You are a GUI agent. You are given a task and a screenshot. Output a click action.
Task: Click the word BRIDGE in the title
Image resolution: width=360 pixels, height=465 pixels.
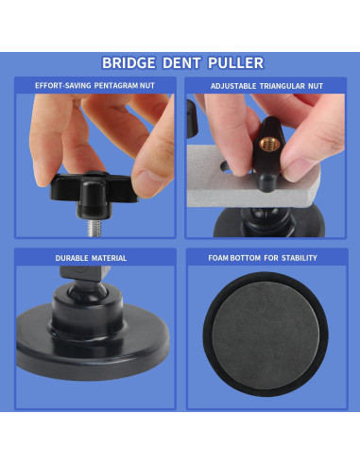[129, 63]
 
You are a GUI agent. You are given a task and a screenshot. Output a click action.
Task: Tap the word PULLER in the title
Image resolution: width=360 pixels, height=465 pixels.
[236, 63]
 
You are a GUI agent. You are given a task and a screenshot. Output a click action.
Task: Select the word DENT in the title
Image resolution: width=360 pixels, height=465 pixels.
[181, 63]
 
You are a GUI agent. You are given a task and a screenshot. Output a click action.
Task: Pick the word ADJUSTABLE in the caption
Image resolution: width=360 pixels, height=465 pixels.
[233, 86]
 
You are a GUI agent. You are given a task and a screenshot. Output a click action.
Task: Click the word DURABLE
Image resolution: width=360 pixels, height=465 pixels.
[72, 258]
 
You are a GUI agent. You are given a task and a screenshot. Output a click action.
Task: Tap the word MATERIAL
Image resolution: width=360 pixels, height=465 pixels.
[110, 258]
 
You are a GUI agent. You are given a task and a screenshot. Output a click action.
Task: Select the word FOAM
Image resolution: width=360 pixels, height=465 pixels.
[218, 258]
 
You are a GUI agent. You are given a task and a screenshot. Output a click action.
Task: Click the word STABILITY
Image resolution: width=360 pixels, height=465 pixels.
[300, 258]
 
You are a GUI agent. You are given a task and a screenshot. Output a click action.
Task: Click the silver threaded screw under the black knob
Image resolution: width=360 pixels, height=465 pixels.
[94, 228]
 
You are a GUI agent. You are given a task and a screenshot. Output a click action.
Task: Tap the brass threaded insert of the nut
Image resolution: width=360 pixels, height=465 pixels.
[269, 144]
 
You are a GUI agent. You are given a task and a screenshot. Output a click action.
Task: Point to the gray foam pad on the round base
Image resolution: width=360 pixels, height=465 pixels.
[266, 336]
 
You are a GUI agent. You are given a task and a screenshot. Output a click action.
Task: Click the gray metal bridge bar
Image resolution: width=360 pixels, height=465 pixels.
[252, 196]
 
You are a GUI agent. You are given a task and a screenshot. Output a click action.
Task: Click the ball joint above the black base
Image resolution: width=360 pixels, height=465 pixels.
[87, 291]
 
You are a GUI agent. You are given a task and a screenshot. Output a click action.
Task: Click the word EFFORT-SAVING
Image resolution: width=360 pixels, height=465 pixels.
[63, 86]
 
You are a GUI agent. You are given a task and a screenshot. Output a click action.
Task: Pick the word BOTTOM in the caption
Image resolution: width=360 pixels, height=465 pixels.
[246, 258]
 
